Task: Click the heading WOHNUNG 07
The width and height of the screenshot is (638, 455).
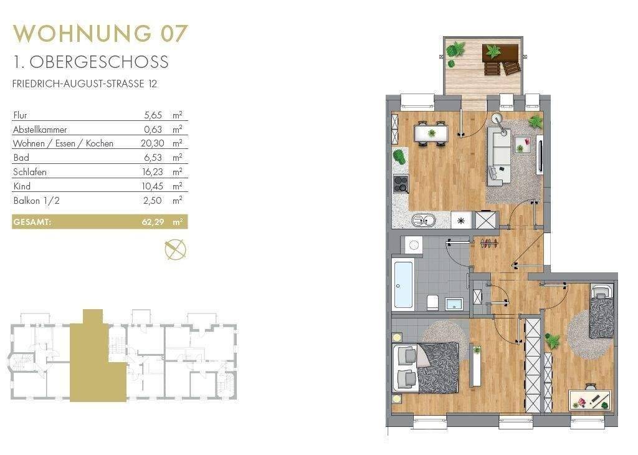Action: (100, 34)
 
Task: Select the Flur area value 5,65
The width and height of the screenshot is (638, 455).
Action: (153, 115)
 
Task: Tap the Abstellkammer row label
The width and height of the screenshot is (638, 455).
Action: (40, 130)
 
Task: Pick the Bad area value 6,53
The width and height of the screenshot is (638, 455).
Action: (153, 158)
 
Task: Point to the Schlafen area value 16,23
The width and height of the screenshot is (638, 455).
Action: (153, 172)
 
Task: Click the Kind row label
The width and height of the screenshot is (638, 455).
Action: (22, 186)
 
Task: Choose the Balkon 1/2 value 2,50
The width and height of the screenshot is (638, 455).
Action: (153, 201)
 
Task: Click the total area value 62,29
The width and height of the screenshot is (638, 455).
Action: (153, 223)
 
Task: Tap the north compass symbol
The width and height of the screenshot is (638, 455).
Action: (175, 249)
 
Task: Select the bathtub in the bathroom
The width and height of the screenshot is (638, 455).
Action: (403, 284)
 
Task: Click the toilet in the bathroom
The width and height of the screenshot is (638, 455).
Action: (432, 302)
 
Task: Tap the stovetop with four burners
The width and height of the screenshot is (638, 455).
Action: (401, 184)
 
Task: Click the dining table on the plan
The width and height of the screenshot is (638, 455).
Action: (431, 133)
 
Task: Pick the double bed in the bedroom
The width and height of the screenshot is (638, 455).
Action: (426, 368)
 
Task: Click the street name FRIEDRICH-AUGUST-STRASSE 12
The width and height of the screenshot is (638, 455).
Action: (85, 84)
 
